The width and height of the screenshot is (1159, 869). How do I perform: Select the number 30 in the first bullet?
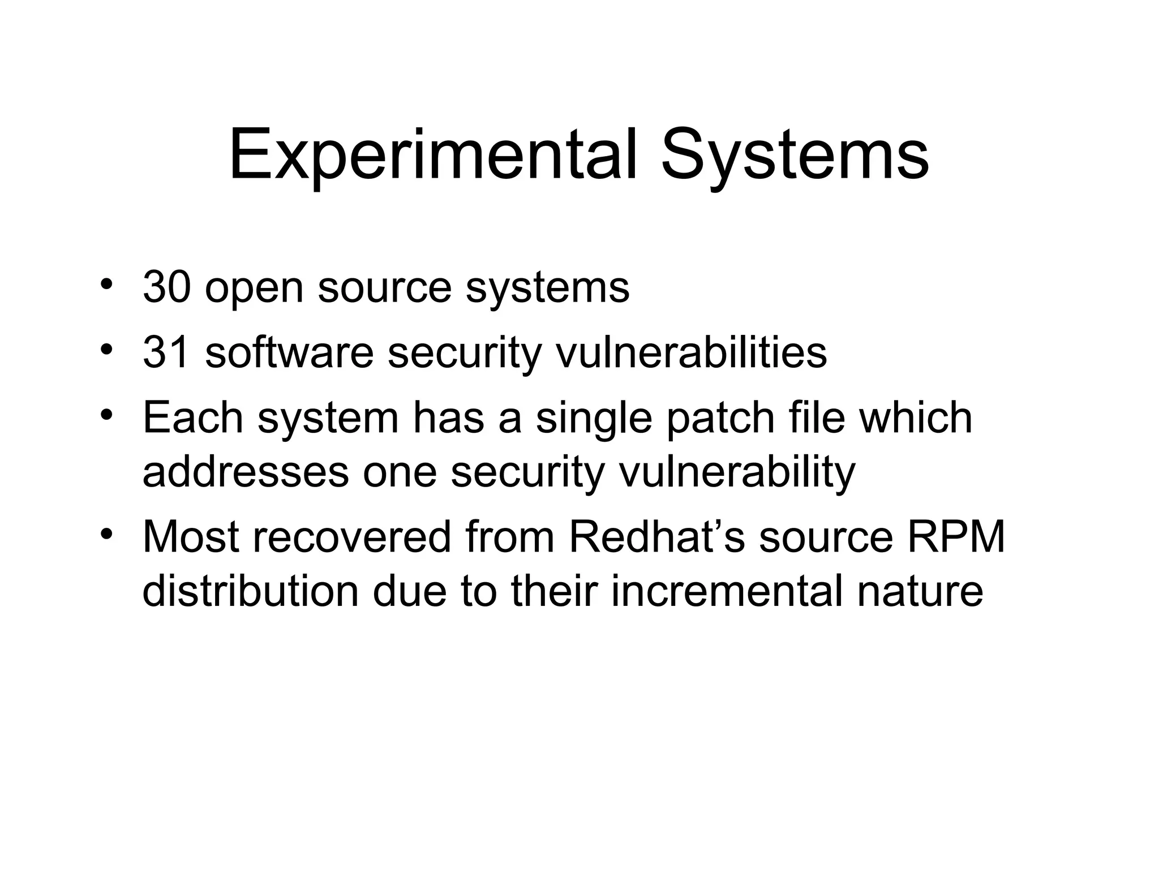167,287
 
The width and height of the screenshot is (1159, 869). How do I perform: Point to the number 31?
166,352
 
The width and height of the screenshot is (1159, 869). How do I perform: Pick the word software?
289,352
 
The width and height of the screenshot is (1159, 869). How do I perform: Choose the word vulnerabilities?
691,352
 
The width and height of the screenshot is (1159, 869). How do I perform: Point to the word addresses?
246,472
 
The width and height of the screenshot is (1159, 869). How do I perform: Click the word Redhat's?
658,537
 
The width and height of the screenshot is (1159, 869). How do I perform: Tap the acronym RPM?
956,537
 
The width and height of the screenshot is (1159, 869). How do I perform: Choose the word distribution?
250,591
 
